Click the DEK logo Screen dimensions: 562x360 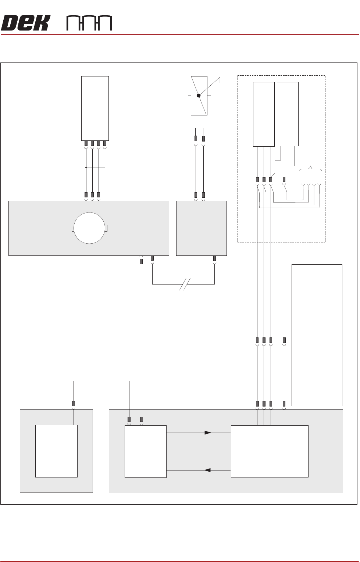25,23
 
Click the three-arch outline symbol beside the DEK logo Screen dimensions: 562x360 89,23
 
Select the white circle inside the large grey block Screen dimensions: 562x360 89,228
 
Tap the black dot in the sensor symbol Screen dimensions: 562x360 199,96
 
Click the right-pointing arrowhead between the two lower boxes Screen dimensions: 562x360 208,433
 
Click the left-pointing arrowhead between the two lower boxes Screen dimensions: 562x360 207,470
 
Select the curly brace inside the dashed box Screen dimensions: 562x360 311,169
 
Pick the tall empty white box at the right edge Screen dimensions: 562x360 317,335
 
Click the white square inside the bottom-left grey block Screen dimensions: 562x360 56,451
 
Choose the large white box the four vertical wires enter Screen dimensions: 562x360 269,451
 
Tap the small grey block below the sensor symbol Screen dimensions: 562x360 201,228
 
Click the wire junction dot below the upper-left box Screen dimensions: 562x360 86,168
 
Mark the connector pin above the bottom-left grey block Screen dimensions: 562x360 74,403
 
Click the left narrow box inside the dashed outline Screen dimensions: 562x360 264,114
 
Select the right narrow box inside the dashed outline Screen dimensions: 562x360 288,114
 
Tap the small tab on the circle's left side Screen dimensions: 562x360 72,228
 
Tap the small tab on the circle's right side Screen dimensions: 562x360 106,228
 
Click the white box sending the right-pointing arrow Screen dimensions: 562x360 145,451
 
